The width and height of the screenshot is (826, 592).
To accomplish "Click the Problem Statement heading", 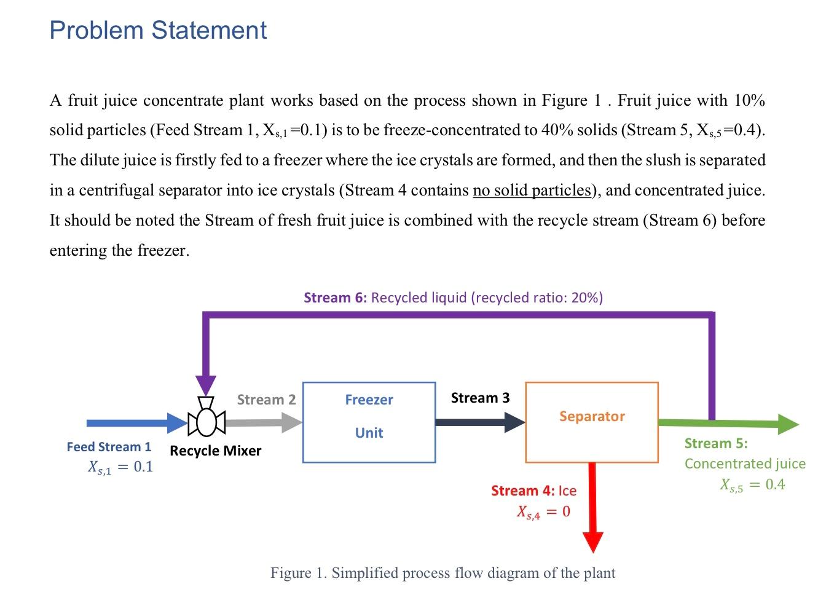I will point(158,30).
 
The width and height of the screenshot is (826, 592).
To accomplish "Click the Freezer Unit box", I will point(369,422).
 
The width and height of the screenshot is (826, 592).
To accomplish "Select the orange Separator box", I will point(591,422).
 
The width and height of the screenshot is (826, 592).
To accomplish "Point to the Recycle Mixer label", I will point(215,451).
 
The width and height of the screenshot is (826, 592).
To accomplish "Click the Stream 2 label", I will point(266,400).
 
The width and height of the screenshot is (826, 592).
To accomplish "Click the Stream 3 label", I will point(480,398).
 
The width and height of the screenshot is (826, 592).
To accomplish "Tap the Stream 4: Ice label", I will point(533,491).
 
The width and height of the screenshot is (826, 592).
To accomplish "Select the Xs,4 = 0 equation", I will point(543,511).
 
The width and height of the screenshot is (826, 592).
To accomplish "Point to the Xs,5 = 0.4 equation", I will point(752,485).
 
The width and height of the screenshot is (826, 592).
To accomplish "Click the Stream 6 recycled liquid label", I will point(453,298).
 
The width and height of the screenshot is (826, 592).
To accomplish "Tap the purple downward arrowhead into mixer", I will point(206,384).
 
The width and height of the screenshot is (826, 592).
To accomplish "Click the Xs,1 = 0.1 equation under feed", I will point(120,467).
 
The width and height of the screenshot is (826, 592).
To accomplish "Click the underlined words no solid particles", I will point(532,190).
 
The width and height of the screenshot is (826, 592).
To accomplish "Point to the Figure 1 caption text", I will point(442,573).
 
